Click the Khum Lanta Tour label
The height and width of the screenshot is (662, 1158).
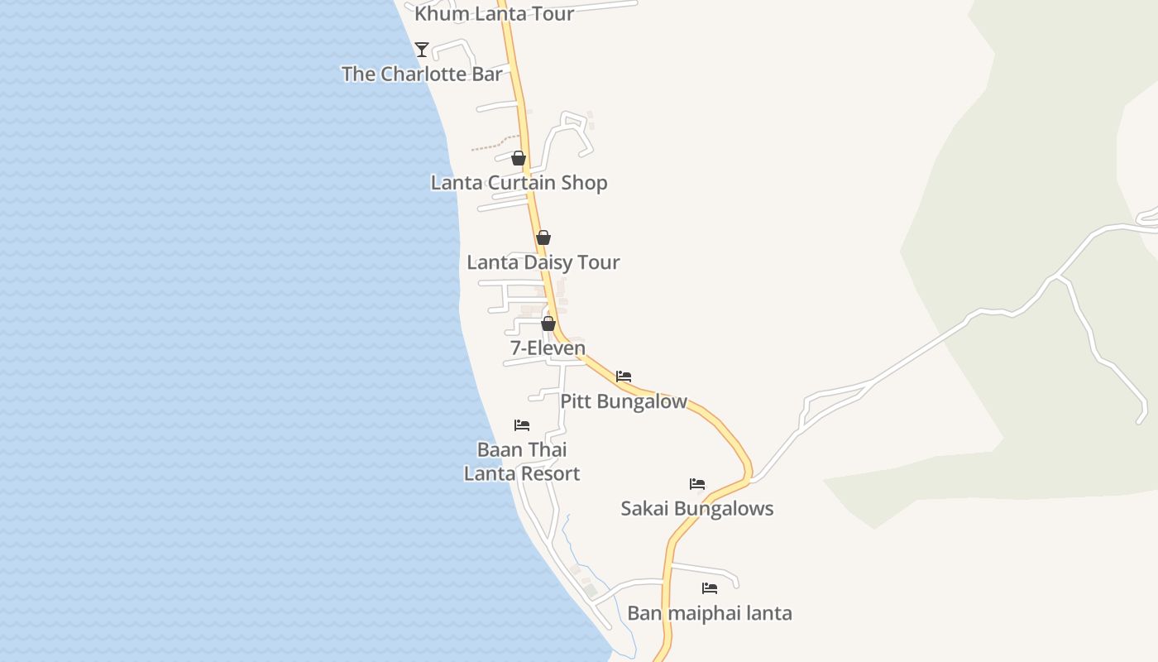[494, 13]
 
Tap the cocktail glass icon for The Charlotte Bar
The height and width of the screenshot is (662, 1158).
[422, 50]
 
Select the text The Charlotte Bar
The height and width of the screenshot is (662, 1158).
[422, 74]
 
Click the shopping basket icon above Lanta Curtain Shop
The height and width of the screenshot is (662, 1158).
[519, 158]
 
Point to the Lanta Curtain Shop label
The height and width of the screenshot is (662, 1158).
[519, 183]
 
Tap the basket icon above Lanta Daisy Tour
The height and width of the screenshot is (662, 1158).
[543, 237]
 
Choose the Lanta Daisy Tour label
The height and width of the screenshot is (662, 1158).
[543, 262]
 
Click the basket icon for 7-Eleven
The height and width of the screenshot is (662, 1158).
[548, 323]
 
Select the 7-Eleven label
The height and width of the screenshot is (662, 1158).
[548, 348]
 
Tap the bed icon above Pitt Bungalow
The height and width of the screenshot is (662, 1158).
[624, 377]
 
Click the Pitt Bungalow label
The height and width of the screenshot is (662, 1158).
[624, 401]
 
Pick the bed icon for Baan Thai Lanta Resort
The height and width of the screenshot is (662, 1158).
[522, 425]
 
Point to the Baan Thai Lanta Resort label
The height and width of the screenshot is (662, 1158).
[522, 462]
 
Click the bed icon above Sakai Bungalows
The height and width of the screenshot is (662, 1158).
[697, 484]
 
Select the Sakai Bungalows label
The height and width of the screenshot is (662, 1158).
[697, 508]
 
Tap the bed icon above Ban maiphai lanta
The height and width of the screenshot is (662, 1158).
[710, 588]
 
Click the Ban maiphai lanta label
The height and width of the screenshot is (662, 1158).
[710, 613]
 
